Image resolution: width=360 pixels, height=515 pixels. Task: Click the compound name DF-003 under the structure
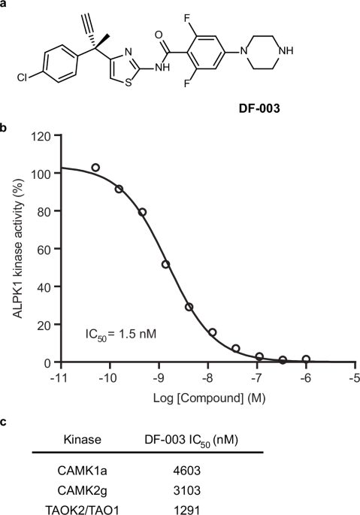259,108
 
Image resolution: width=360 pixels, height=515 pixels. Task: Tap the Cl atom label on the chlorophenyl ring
22,77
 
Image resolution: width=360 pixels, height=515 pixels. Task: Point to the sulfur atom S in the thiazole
129,82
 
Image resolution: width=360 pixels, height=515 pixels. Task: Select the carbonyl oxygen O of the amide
159,35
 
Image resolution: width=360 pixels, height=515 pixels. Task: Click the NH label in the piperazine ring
285,50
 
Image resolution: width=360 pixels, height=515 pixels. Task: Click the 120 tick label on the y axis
41,136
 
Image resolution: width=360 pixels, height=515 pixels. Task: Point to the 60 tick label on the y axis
44,250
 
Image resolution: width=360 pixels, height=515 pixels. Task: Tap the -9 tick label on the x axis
157,377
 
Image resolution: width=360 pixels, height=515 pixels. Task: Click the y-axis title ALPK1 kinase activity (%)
18,248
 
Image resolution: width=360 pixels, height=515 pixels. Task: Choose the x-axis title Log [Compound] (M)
209,398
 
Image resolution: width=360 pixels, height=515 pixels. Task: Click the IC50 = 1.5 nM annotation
120,335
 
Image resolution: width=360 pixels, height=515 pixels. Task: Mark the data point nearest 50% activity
166,264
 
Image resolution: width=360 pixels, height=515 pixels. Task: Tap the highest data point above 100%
95,168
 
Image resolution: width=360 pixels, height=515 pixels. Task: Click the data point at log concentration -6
306,359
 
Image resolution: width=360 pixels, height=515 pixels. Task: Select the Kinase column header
83,440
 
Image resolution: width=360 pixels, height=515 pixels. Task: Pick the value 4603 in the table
187,471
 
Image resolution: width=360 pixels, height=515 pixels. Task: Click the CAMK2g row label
82,490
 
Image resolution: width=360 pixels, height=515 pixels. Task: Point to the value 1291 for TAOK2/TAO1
187,510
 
